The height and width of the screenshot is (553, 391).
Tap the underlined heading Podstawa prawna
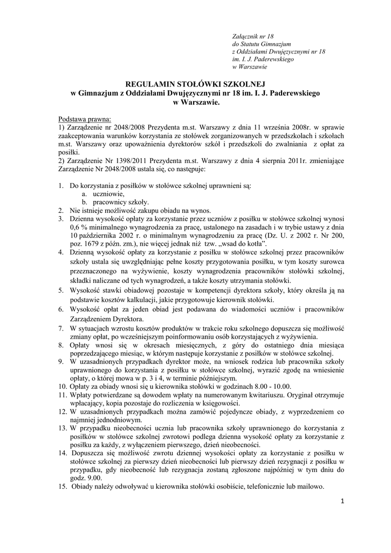[x=84, y=118]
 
